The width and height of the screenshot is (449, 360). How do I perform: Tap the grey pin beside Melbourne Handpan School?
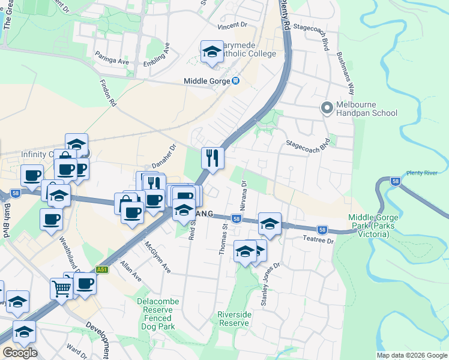327,108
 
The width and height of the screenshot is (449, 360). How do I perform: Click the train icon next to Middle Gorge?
236,82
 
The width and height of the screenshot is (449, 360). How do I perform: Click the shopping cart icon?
62,289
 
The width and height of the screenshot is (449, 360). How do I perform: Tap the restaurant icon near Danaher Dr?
212,158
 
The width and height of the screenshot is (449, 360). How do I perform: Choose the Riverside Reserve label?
234,319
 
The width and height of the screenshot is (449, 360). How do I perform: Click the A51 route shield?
102,270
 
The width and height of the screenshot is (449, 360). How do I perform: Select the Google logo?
19,353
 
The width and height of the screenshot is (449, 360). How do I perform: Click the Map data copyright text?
411,355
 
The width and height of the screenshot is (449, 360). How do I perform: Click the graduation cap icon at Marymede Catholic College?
211,53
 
